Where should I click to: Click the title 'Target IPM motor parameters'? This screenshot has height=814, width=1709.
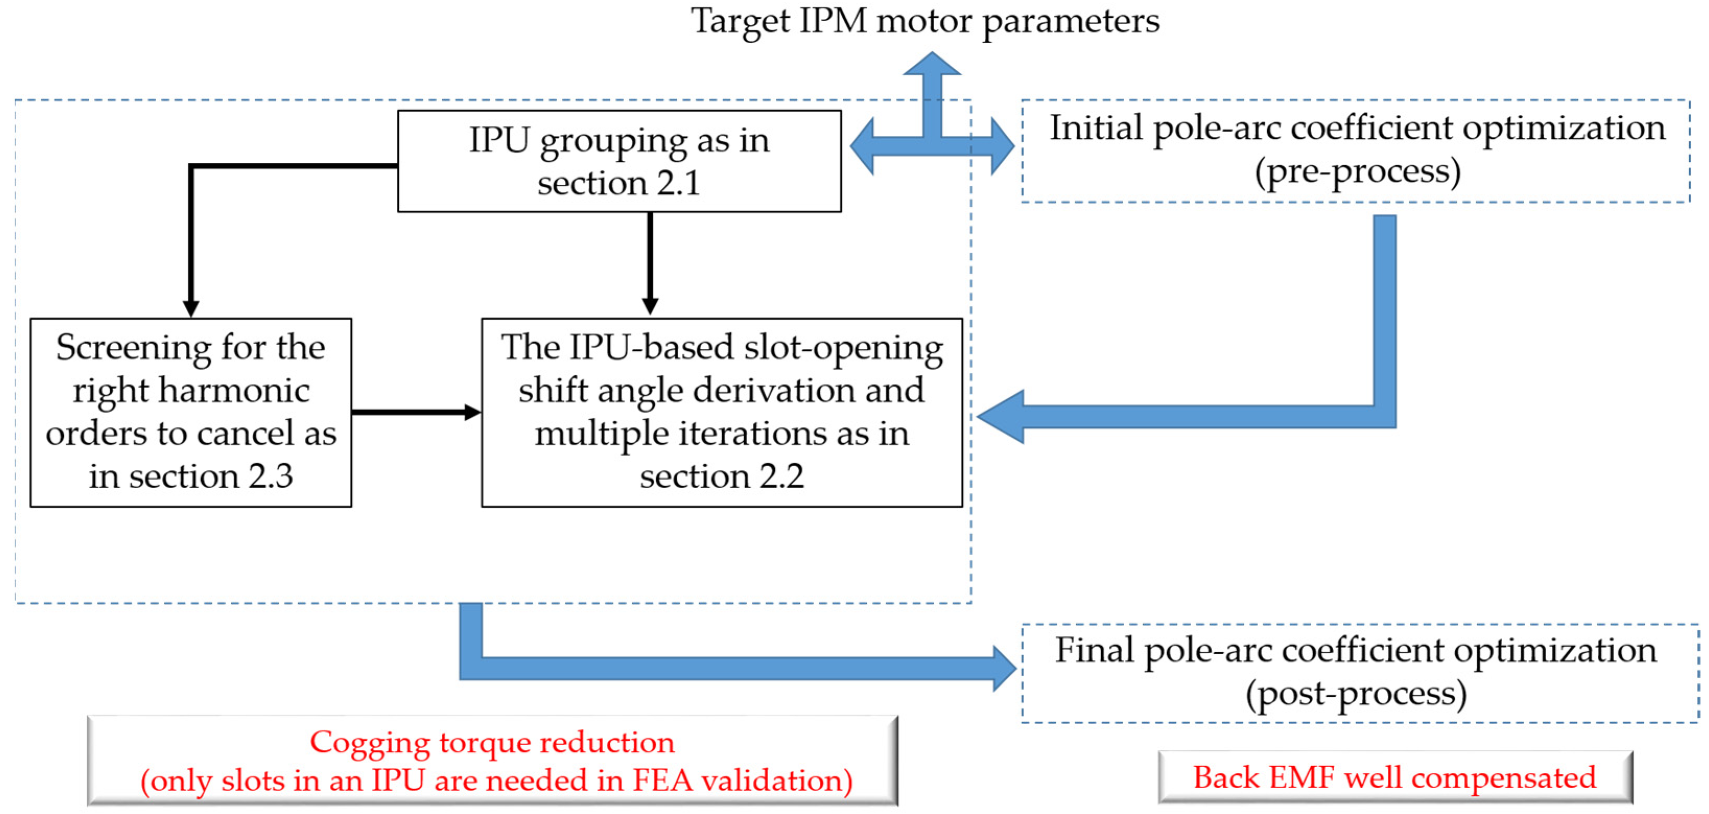(925, 21)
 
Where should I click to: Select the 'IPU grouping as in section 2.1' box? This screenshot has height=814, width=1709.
(619, 161)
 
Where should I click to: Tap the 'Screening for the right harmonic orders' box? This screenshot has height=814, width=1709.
(191, 412)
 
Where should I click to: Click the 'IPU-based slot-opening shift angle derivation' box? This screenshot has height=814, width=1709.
(721, 412)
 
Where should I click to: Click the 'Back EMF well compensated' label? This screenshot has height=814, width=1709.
(1395, 777)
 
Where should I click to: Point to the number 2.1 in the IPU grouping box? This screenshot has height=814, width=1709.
(678, 183)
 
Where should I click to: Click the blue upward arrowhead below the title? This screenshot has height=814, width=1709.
(932, 64)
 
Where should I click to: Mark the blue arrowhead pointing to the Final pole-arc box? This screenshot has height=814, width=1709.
(1004, 668)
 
